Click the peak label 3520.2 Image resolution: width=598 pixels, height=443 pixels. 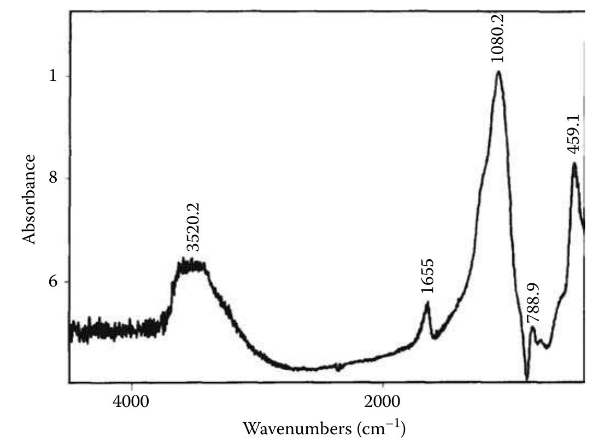(194, 227)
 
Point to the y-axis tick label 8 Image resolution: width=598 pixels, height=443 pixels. (53, 179)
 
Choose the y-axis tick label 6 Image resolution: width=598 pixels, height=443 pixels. (53, 282)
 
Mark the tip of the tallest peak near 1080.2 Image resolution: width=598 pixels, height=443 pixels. (499, 72)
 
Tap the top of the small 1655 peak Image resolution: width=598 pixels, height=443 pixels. (427, 302)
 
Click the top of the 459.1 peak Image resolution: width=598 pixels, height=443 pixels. (574, 163)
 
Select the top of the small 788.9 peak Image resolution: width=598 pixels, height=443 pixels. (532, 328)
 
